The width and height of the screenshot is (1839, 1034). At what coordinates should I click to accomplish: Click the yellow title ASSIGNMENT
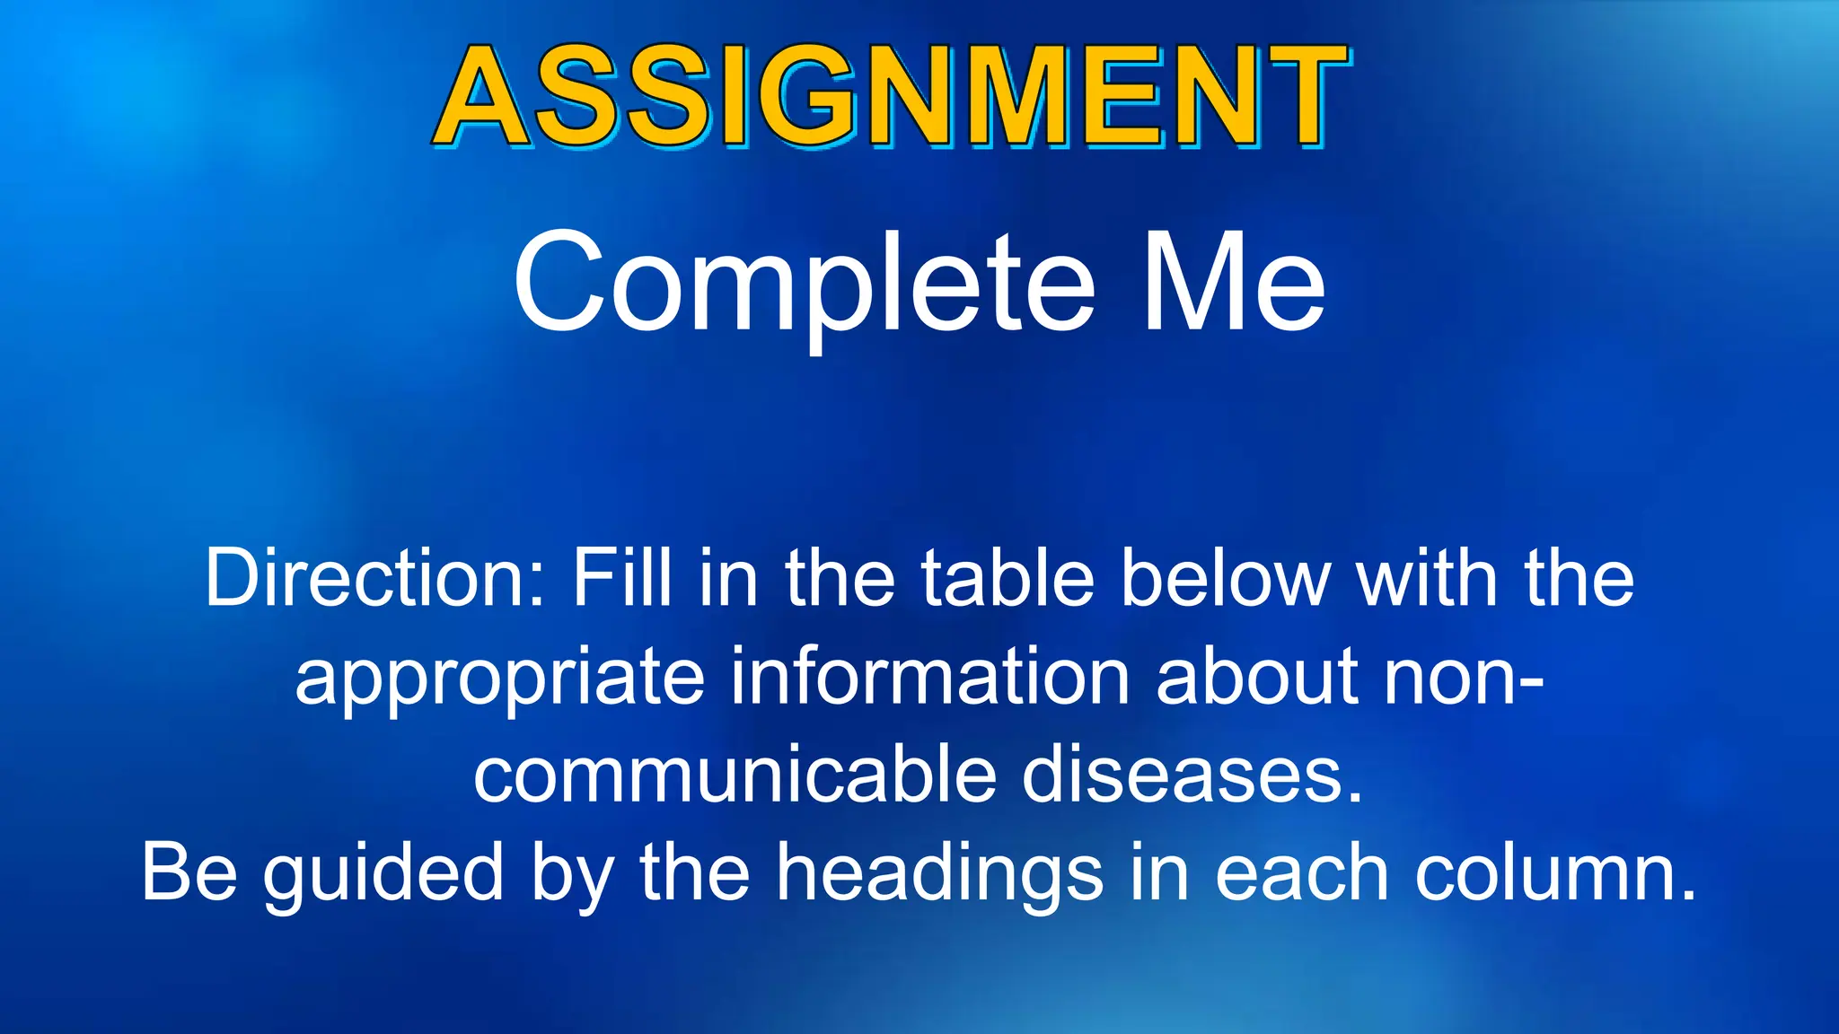891,97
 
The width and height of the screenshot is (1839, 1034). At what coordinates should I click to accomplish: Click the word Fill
622,579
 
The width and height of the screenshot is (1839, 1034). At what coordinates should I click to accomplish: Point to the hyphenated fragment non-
1464,678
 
